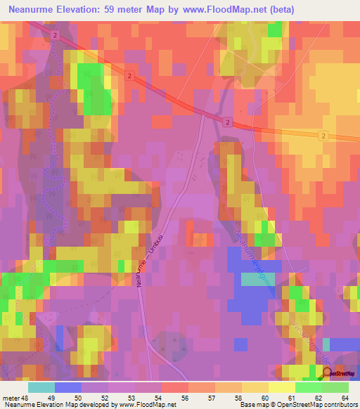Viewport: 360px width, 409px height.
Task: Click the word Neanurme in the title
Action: click(34, 10)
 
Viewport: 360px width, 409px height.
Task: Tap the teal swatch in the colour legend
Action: click(41, 387)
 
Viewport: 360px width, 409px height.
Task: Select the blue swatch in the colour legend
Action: click(68, 387)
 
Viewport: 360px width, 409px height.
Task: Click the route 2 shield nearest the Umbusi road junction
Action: click(229, 122)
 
